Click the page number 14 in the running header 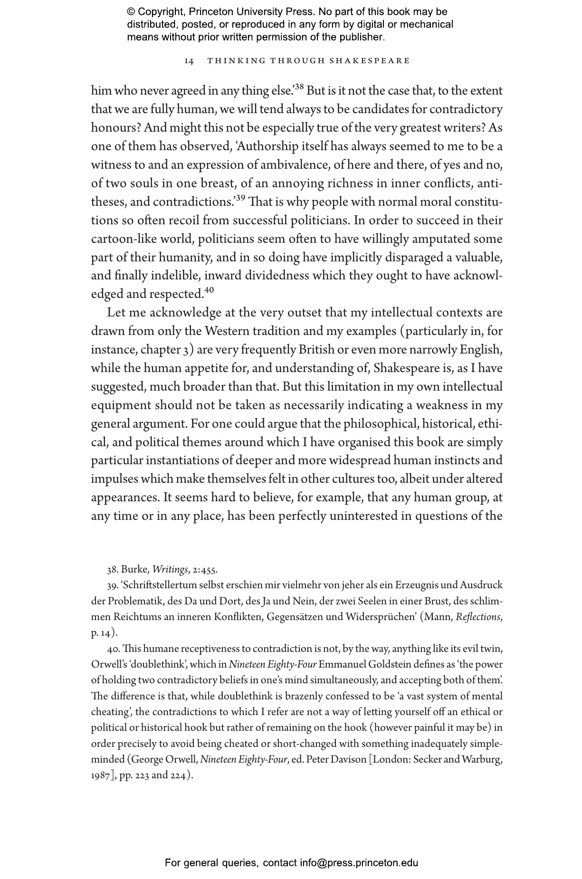click(189, 61)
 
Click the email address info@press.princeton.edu click(359, 863)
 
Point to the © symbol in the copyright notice click(131, 12)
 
